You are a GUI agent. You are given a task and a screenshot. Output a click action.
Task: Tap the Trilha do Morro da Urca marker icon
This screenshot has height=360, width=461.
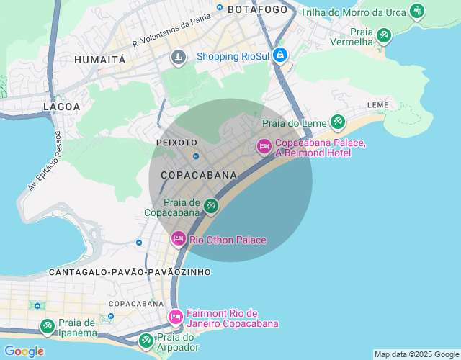point(416,11)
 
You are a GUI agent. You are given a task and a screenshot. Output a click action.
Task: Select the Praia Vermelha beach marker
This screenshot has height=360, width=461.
point(383,35)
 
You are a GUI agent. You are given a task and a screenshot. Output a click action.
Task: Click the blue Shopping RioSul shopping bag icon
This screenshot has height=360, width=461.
point(280,55)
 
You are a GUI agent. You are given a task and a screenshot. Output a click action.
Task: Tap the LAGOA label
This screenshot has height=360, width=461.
point(62,107)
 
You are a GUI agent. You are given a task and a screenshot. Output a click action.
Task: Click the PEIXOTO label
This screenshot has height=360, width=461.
point(176,143)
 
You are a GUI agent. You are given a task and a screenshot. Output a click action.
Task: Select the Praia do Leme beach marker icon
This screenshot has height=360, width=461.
point(336,122)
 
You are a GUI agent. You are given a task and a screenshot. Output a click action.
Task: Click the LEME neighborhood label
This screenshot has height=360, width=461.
point(377,105)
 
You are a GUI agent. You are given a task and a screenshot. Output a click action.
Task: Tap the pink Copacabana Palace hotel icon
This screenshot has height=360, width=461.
point(264,147)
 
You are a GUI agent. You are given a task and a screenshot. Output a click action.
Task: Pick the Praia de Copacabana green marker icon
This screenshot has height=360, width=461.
point(210,207)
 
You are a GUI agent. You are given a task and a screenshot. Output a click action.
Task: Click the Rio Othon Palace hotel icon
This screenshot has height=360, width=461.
point(178,238)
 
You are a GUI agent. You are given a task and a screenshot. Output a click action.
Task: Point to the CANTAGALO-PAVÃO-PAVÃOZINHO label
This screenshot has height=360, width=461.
point(130,272)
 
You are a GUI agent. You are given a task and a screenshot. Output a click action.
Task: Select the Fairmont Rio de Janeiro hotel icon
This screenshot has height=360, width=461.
point(175,317)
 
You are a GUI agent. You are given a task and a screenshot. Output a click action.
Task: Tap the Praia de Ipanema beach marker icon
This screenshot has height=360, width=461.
point(47,327)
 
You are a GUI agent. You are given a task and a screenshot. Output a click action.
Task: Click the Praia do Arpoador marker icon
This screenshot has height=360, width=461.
point(146,339)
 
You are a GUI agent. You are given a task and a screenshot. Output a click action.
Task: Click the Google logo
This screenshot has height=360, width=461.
point(24,351)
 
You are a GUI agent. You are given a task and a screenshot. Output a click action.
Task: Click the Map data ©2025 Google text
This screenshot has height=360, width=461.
point(416,354)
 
